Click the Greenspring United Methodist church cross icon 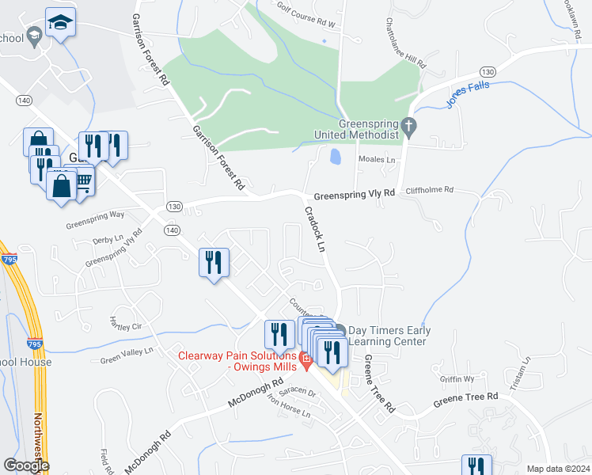coord(408,126)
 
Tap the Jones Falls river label coord(467,93)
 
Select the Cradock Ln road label coord(316,230)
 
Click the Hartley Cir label coord(124,325)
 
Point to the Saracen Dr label coord(301,393)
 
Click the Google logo coord(26,465)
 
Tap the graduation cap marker coord(59,23)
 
